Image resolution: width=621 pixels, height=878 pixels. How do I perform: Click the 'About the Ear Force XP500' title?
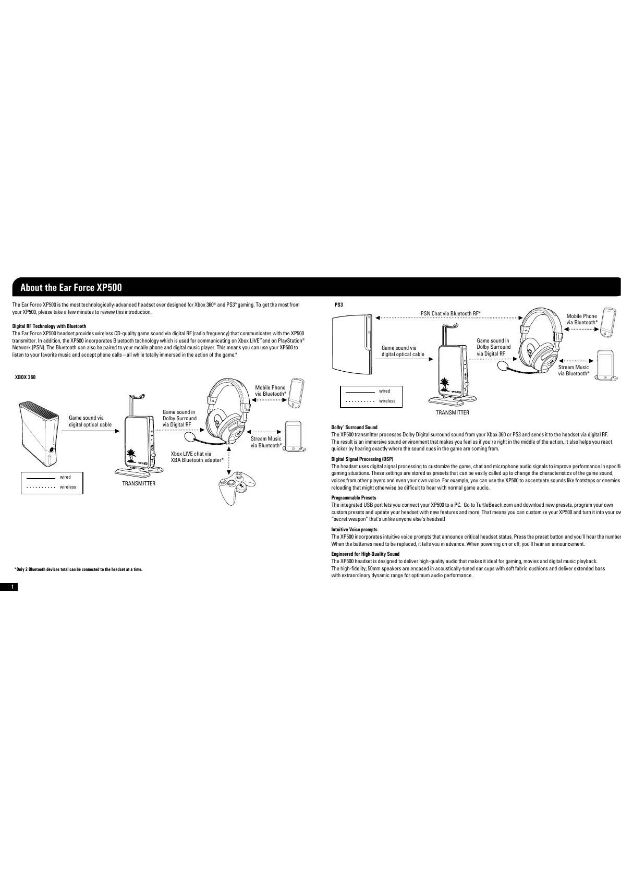click(x=71, y=287)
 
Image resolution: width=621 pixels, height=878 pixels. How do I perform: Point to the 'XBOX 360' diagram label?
click(x=25, y=377)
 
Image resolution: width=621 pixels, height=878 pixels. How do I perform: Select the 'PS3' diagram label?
click(x=338, y=304)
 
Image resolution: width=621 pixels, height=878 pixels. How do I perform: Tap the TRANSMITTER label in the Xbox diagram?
click(x=139, y=484)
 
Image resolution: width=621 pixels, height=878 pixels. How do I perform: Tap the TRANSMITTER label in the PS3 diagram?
click(x=452, y=413)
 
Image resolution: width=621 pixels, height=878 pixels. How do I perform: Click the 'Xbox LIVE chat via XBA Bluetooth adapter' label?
click(x=197, y=457)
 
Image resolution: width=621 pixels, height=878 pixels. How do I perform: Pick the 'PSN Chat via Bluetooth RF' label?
click(x=450, y=313)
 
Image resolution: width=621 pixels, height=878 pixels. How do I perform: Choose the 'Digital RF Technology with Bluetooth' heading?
click(x=49, y=326)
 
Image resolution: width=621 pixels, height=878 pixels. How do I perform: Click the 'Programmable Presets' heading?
click(x=354, y=498)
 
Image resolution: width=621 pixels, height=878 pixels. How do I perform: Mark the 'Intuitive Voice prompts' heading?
click(x=354, y=530)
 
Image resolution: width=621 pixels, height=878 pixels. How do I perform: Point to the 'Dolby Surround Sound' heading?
click(x=355, y=428)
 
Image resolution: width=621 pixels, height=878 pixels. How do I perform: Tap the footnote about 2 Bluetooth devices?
click(x=78, y=569)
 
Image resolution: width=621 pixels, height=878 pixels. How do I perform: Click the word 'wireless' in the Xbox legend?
click(x=68, y=487)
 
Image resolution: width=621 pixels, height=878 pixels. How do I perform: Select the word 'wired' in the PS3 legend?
click(x=384, y=391)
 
